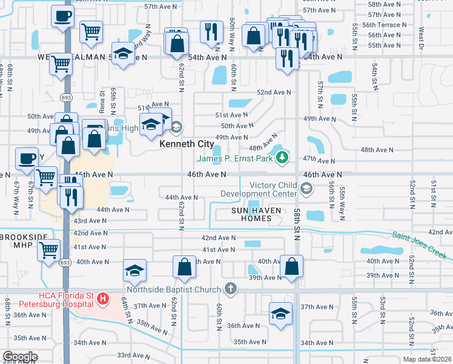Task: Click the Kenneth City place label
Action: point(186,145)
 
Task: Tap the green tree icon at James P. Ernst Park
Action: point(281,158)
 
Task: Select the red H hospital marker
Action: point(104,298)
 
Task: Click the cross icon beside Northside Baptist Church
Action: point(230,288)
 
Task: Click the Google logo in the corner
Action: point(20,357)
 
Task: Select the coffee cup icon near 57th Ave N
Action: point(62,16)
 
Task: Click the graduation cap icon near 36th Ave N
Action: point(280,314)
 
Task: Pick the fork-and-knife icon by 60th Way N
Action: point(211,30)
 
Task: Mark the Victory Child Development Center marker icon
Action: point(307,189)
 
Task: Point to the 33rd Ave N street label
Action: point(133,355)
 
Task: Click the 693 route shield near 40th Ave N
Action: point(64,262)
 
